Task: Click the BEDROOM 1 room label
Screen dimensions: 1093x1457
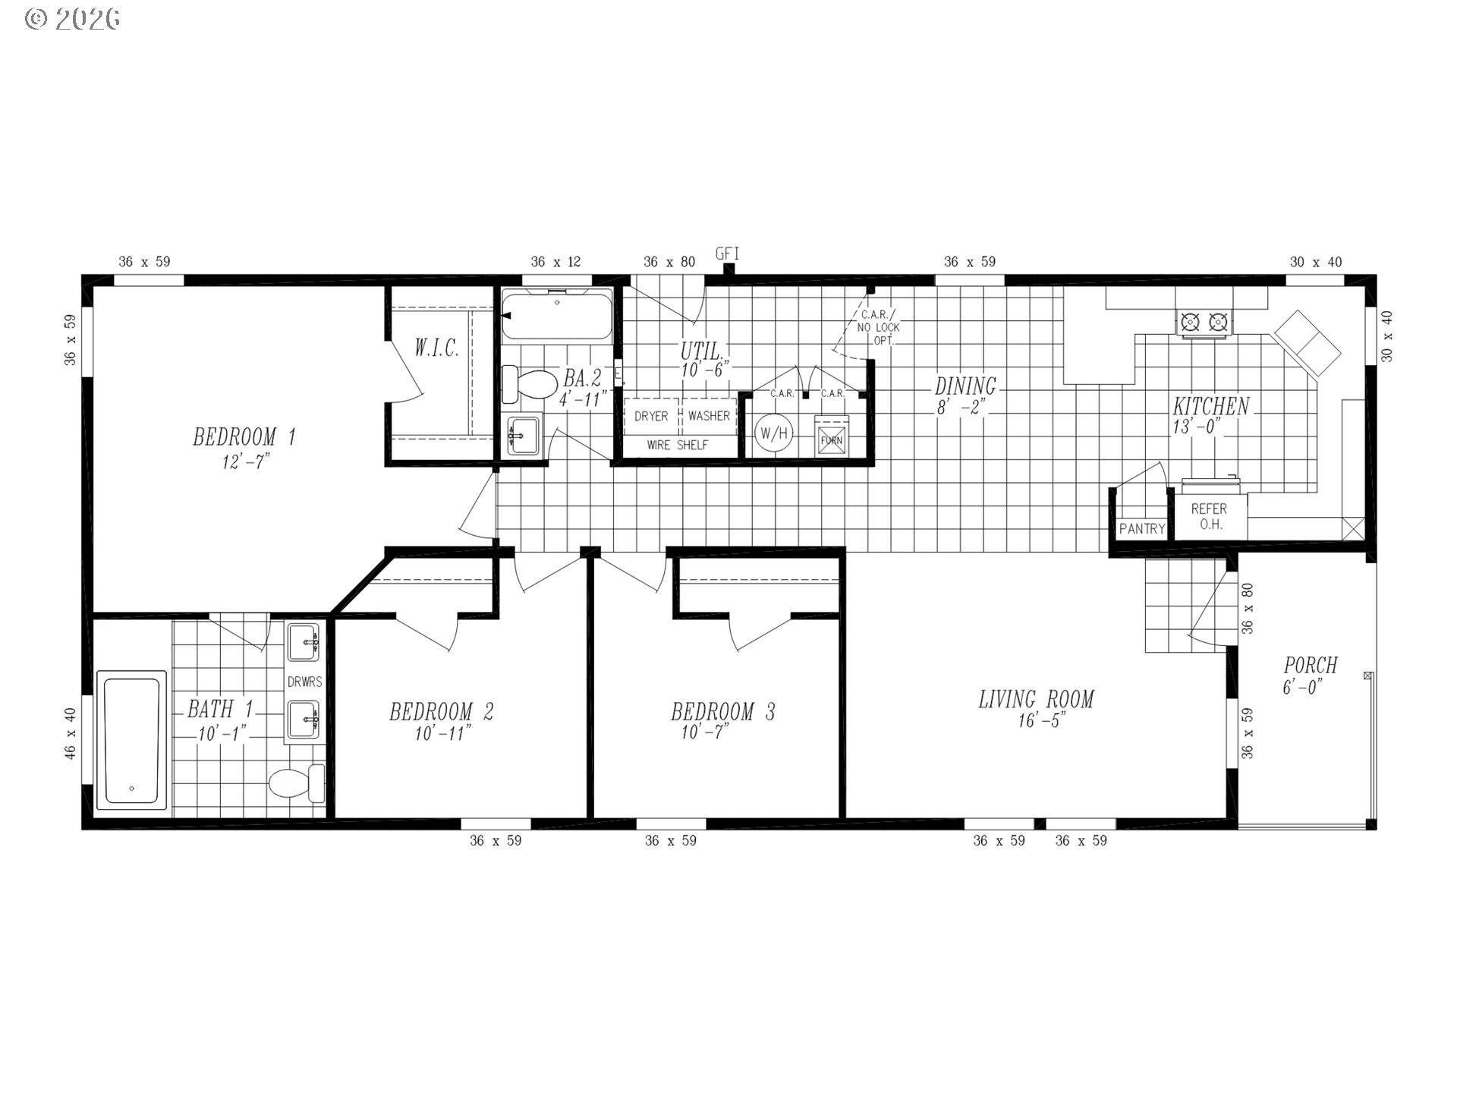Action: pyautogui.click(x=244, y=437)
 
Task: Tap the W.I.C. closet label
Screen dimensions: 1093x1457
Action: pyautogui.click(x=436, y=348)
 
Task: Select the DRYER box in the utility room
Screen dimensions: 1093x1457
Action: pyautogui.click(x=651, y=416)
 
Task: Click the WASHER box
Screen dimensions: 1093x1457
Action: pyautogui.click(x=709, y=416)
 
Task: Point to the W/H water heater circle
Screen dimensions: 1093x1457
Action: pyautogui.click(x=774, y=434)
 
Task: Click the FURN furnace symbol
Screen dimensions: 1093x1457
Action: pyautogui.click(x=831, y=440)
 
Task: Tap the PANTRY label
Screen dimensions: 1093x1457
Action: pyautogui.click(x=1141, y=529)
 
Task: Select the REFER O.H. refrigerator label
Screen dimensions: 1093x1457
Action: pyautogui.click(x=1209, y=516)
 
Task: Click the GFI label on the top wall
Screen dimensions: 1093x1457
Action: pyautogui.click(x=727, y=254)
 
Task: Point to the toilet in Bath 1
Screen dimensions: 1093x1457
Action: pyautogui.click(x=296, y=783)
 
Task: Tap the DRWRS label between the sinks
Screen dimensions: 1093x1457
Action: pyautogui.click(x=304, y=682)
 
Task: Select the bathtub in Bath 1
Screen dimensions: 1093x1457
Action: pyautogui.click(x=132, y=740)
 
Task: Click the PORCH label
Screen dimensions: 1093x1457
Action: pyautogui.click(x=1310, y=666)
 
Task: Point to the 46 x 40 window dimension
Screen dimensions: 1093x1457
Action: pyautogui.click(x=70, y=733)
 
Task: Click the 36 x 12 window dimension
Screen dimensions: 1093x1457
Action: pyautogui.click(x=555, y=262)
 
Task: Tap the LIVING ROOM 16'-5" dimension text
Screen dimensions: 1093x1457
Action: pyautogui.click(x=1042, y=721)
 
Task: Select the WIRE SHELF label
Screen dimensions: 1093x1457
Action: pyautogui.click(x=677, y=446)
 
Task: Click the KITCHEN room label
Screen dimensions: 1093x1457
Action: pyautogui.click(x=1210, y=406)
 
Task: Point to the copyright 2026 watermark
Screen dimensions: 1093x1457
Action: pyautogui.click(x=73, y=19)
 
